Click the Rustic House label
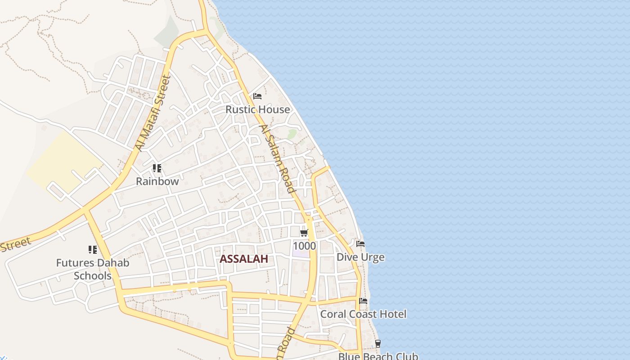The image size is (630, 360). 257,109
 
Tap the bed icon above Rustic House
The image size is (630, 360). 257,96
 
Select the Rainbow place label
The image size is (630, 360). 157,181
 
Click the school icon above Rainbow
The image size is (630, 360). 157,168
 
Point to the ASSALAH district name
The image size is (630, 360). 244,259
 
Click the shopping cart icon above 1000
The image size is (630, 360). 304,233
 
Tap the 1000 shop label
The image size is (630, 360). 304,246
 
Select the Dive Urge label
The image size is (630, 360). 360,257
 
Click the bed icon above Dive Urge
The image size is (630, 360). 360,244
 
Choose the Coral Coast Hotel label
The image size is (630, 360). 363,314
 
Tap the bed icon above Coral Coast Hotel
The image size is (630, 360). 363,301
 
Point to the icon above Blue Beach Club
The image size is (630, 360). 378,344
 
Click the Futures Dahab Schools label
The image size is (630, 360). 93,269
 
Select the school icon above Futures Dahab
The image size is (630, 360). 93,249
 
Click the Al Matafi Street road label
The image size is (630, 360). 153,113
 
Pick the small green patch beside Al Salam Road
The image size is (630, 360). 292,134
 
